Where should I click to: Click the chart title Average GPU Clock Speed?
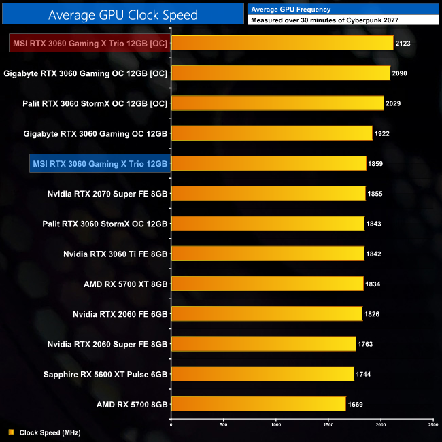click(x=123, y=14)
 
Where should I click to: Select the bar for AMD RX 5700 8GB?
click(x=258, y=404)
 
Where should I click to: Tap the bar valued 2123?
click(x=282, y=43)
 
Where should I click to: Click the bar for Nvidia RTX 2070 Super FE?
click(x=268, y=193)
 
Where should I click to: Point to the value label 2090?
click(x=400, y=73)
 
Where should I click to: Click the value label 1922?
click(x=382, y=133)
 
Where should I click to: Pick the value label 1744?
click(x=364, y=374)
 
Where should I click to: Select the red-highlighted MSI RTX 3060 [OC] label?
click(x=89, y=43)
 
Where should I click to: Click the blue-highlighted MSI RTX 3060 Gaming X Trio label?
click(x=99, y=163)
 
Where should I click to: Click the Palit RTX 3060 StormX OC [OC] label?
click(x=95, y=103)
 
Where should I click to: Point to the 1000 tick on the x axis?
click(x=276, y=425)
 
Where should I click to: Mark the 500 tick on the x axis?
click(x=224, y=425)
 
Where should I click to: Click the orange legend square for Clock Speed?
click(x=11, y=432)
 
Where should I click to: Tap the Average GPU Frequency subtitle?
click(x=290, y=10)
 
